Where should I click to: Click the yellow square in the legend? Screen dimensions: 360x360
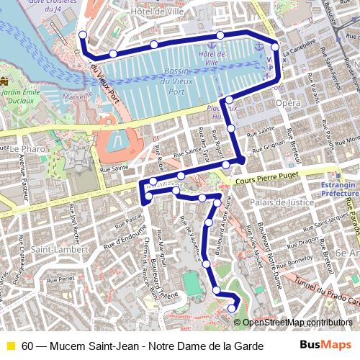point(10,346)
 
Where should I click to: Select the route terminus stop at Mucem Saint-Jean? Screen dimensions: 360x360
point(83,35)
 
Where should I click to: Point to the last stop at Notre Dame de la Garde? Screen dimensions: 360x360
point(232,309)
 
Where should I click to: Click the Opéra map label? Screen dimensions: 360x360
point(288,104)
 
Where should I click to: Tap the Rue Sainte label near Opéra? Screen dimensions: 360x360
point(261,131)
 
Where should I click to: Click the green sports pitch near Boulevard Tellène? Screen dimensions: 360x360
point(194,285)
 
